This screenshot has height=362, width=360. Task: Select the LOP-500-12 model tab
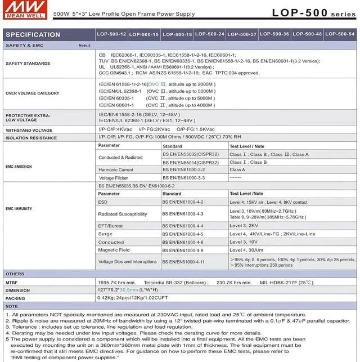[111, 34]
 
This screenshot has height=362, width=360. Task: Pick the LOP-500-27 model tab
[242, 34]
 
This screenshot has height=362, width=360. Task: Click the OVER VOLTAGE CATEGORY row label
[32, 93]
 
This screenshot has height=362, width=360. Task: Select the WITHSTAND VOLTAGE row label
[29, 130]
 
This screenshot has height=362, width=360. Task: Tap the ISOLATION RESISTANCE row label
[31, 137]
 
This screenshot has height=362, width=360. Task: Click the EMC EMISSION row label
[19, 166]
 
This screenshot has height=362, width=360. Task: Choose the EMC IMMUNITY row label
[19, 208]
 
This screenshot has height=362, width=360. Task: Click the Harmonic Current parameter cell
[116, 169]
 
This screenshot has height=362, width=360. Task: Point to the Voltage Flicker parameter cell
[113, 177]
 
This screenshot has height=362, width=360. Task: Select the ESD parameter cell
[102, 202]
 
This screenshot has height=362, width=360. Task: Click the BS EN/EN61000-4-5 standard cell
[183, 234]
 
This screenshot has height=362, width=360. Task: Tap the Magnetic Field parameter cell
[114, 249]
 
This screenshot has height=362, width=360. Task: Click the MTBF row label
[12, 282]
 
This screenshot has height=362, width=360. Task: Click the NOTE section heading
[12, 306]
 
